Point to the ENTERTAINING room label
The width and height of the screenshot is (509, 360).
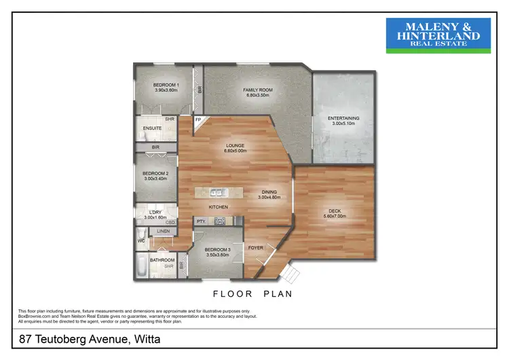[x=343, y=118]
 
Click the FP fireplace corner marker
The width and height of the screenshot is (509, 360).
[x=199, y=120]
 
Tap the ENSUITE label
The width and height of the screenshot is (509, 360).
[x=151, y=128]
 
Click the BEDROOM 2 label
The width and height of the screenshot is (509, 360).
[x=155, y=174]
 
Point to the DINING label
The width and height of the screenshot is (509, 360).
[x=269, y=192]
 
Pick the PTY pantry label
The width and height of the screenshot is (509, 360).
[x=201, y=221]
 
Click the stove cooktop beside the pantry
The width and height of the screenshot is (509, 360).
[x=219, y=221]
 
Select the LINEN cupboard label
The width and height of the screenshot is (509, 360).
[x=164, y=232]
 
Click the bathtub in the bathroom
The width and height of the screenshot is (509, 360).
[x=140, y=266]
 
